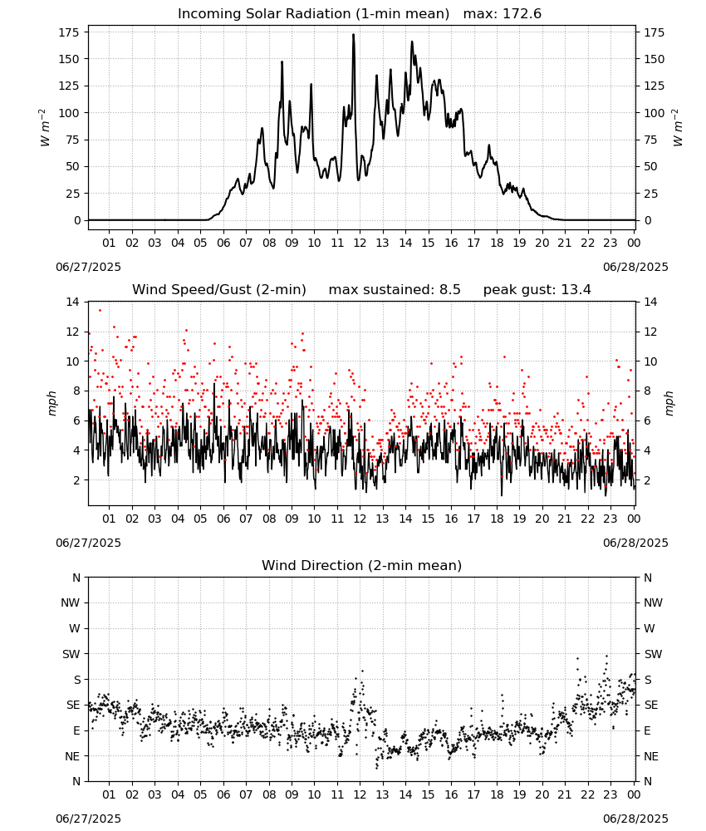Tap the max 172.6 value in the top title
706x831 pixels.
click(503, 14)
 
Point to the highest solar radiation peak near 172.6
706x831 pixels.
click(353, 35)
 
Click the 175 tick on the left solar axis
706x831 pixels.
click(69, 33)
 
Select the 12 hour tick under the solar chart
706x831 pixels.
click(360, 243)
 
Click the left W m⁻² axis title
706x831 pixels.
click(45, 128)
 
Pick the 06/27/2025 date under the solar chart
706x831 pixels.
click(88, 267)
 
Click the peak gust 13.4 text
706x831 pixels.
click(537, 290)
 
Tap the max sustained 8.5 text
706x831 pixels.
click(395, 290)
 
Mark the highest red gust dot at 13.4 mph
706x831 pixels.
click(100, 311)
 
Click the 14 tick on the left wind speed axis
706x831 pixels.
click(73, 302)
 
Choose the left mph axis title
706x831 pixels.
click(51, 403)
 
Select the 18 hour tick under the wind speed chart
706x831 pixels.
click(497, 519)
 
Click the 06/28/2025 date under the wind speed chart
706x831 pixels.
click(635, 543)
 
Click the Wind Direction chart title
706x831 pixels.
click(362, 565)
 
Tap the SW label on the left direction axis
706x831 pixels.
click(71, 654)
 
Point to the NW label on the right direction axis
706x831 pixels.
click(653, 602)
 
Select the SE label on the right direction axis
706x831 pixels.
click(651, 705)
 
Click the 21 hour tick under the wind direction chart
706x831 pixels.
click(565, 794)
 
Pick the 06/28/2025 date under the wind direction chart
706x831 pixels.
click(635, 819)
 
